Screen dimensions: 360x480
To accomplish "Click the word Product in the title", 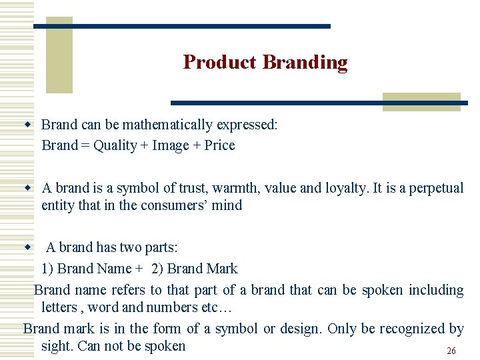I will pyautogui.click(x=219, y=62).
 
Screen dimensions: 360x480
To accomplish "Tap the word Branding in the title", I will pyautogui.click(x=305, y=62).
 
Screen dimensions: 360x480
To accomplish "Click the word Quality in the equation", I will pyautogui.click(x=115, y=145).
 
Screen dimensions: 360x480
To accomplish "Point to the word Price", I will pyautogui.click(x=219, y=145).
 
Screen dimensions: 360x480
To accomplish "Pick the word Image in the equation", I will pyautogui.click(x=171, y=145).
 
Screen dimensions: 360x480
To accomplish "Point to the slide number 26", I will pyautogui.click(x=451, y=351).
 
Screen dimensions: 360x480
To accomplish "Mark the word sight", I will pyautogui.click(x=56, y=346).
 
